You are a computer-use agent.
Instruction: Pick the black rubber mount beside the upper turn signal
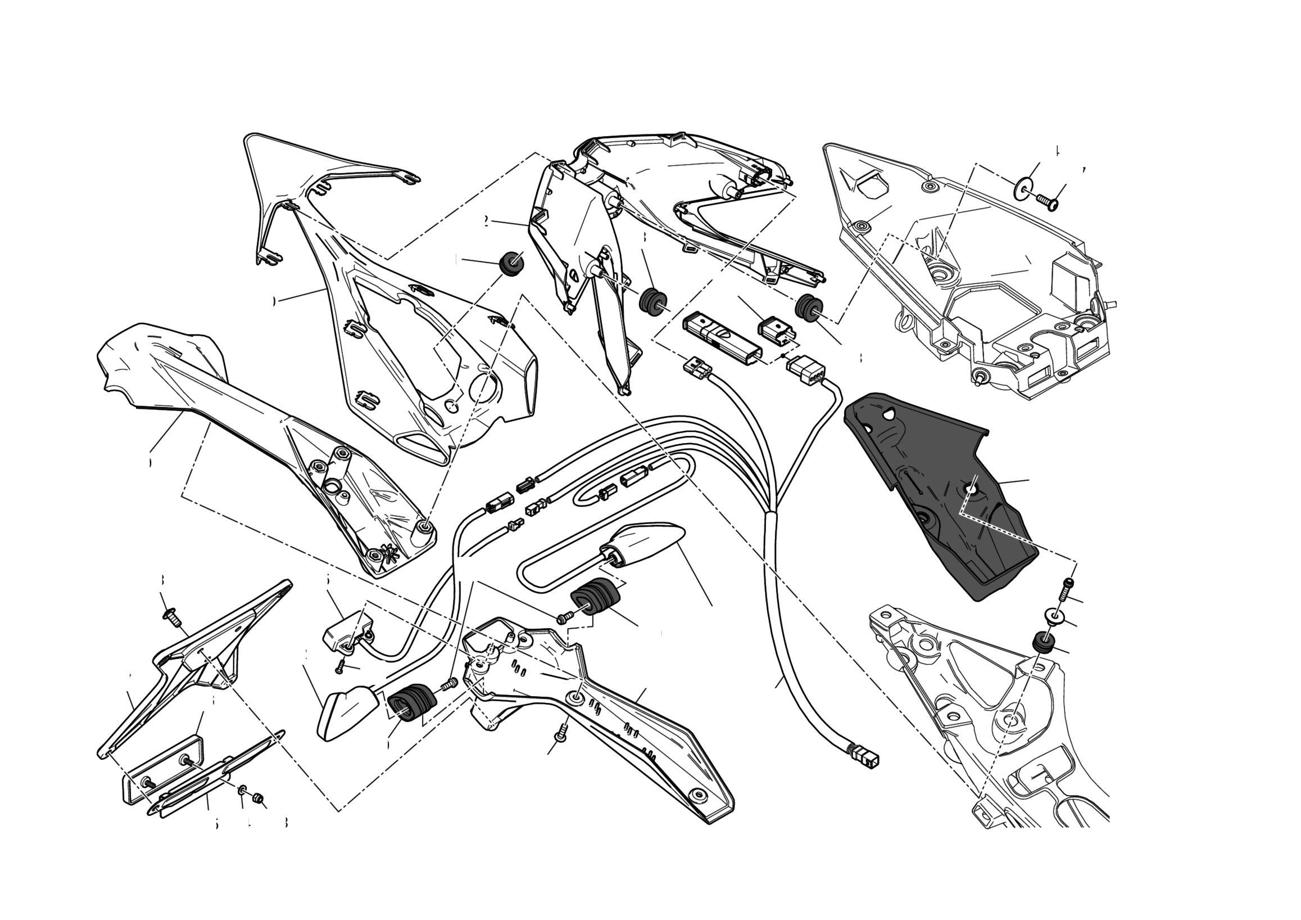pyautogui.click(x=594, y=597)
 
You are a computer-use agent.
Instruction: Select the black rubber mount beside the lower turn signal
pyautogui.click(x=412, y=704)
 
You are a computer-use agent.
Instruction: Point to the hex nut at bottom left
pyautogui.click(x=259, y=798)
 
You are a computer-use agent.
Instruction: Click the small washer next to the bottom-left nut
pyautogui.click(x=242, y=790)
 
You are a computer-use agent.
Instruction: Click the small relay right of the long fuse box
pyautogui.click(x=774, y=330)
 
